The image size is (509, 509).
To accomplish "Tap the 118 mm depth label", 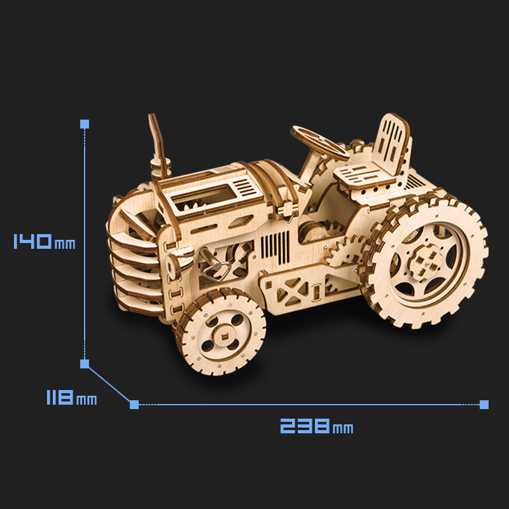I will coord(71,398).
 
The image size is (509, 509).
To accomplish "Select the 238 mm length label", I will coord(316,426).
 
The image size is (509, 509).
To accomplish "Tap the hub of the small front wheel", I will coord(221,333).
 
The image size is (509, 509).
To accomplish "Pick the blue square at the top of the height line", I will coord(85,123).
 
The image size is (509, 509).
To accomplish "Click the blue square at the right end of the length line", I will coord(484,404).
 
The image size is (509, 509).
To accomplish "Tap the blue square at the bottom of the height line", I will coord(85,364).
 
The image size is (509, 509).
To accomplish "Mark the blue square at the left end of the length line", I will coord(134,404).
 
